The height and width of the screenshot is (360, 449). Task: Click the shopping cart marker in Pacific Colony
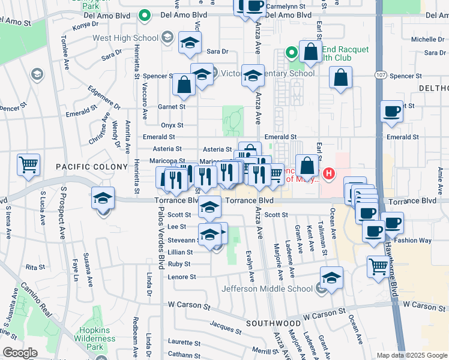point(28,166)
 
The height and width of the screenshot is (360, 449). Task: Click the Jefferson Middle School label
point(267,289)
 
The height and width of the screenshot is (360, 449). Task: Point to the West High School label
point(125,38)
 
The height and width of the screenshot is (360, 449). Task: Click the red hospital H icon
point(328,175)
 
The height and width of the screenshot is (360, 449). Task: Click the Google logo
point(19,353)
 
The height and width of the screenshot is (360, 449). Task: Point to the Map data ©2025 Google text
point(411,355)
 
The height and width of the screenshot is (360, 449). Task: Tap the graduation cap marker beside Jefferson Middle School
point(331,278)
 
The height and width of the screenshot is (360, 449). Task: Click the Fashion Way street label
point(414,240)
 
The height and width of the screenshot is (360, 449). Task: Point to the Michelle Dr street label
point(427,39)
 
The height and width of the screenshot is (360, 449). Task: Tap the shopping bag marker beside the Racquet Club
point(310,52)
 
